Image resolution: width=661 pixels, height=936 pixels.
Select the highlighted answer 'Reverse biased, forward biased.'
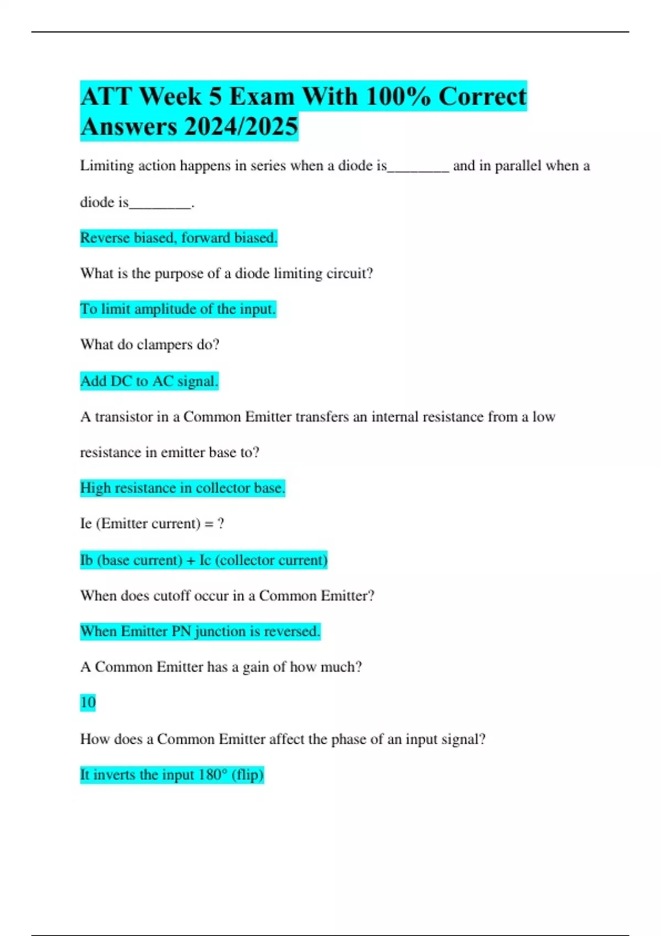[x=178, y=238]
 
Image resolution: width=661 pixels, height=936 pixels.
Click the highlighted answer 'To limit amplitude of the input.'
[x=178, y=309]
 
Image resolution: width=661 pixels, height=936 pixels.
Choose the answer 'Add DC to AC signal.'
[x=149, y=381]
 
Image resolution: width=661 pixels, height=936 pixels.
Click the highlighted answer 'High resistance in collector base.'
[x=182, y=488]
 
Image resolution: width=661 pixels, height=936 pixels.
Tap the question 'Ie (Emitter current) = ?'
[x=152, y=523]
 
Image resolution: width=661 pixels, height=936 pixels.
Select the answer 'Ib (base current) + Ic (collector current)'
[x=204, y=560]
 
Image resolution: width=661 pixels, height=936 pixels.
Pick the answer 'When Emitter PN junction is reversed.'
[x=200, y=631]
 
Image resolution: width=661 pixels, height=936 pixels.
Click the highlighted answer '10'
[x=88, y=703]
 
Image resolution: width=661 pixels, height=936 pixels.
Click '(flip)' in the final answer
[x=247, y=775]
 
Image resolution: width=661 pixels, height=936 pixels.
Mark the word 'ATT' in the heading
[x=105, y=96]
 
